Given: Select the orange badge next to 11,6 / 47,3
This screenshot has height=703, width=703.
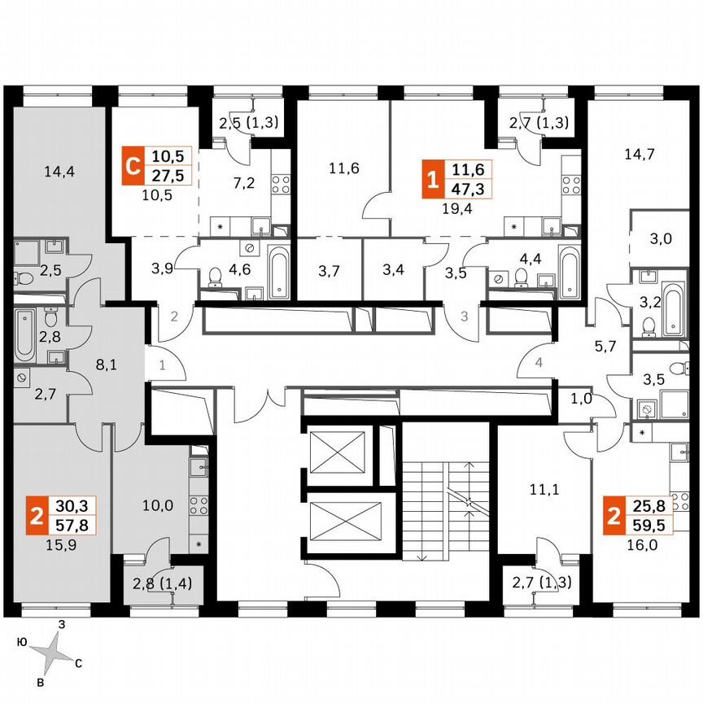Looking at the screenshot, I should pos(432,180).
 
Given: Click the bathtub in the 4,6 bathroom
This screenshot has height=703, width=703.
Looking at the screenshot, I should pos(278,272).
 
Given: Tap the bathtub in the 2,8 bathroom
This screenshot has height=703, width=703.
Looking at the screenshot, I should pos(24,335).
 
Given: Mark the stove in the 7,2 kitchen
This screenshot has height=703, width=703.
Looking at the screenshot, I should pos(281,186).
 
